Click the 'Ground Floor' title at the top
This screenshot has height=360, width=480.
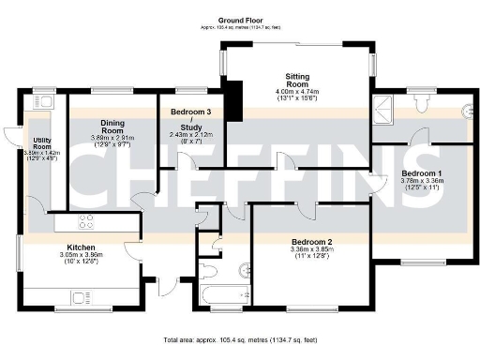(239, 20)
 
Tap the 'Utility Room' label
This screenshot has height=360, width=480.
(41, 142)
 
